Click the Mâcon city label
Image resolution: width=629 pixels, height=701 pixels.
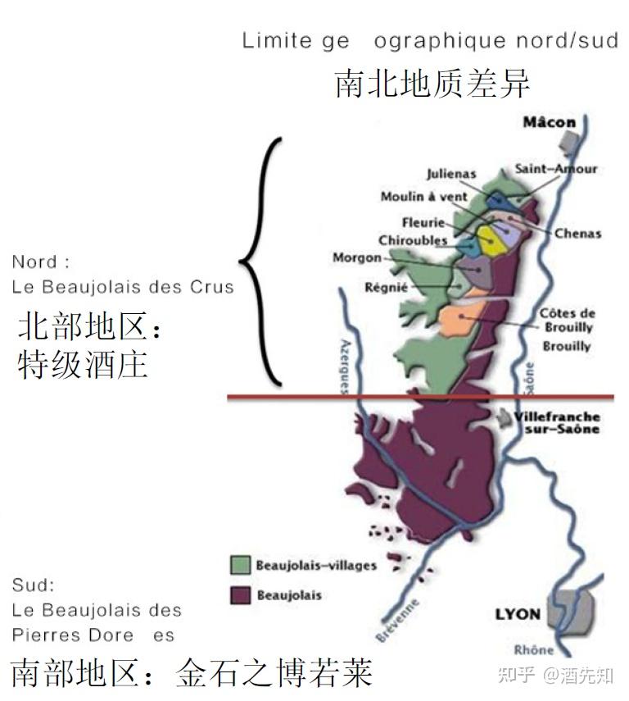(x=550, y=123)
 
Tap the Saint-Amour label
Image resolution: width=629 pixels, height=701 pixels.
(x=556, y=169)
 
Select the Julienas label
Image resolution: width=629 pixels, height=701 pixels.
(x=451, y=174)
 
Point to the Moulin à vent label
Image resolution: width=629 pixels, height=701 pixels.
(x=424, y=197)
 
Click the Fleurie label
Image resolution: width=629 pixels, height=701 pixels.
(x=423, y=223)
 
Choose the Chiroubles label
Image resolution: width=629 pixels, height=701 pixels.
(x=413, y=240)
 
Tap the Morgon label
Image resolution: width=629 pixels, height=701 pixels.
(x=357, y=257)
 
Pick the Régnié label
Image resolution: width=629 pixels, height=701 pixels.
(x=387, y=287)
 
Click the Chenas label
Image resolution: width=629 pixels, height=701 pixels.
(x=577, y=233)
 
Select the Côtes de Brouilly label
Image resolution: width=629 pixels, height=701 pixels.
(x=567, y=320)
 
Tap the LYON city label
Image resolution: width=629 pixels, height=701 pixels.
(x=518, y=614)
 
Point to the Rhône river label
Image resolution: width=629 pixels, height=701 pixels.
(x=533, y=650)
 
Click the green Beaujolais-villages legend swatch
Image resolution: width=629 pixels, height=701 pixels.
(x=240, y=565)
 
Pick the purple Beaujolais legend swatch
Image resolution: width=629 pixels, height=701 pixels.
(x=240, y=594)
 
